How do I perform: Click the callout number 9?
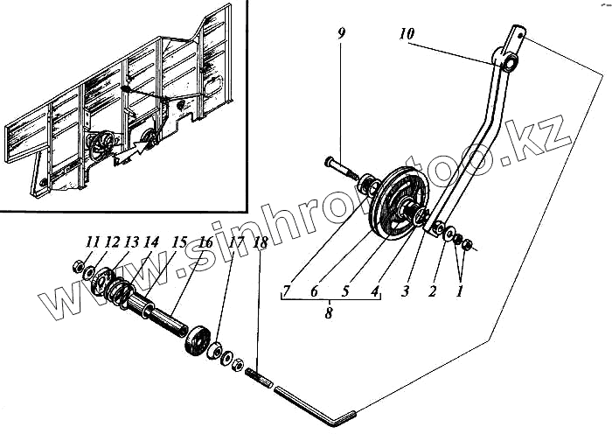[x=341, y=34]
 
